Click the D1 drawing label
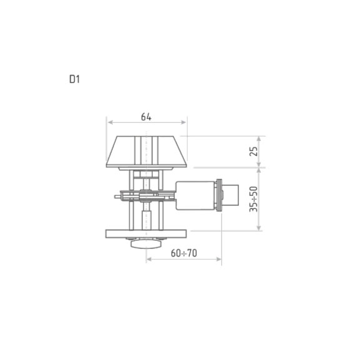[x=75, y=79]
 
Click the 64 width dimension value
[x=146, y=117]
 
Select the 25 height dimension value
[x=254, y=152]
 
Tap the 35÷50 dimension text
[x=254, y=199]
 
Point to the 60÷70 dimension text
[x=184, y=253]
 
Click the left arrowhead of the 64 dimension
[x=110, y=122]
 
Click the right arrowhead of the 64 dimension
[x=183, y=122]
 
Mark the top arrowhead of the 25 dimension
[x=259, y=139]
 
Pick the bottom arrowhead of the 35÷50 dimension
[x=259, y=228]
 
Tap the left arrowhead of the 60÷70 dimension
[x=149, y=259]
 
